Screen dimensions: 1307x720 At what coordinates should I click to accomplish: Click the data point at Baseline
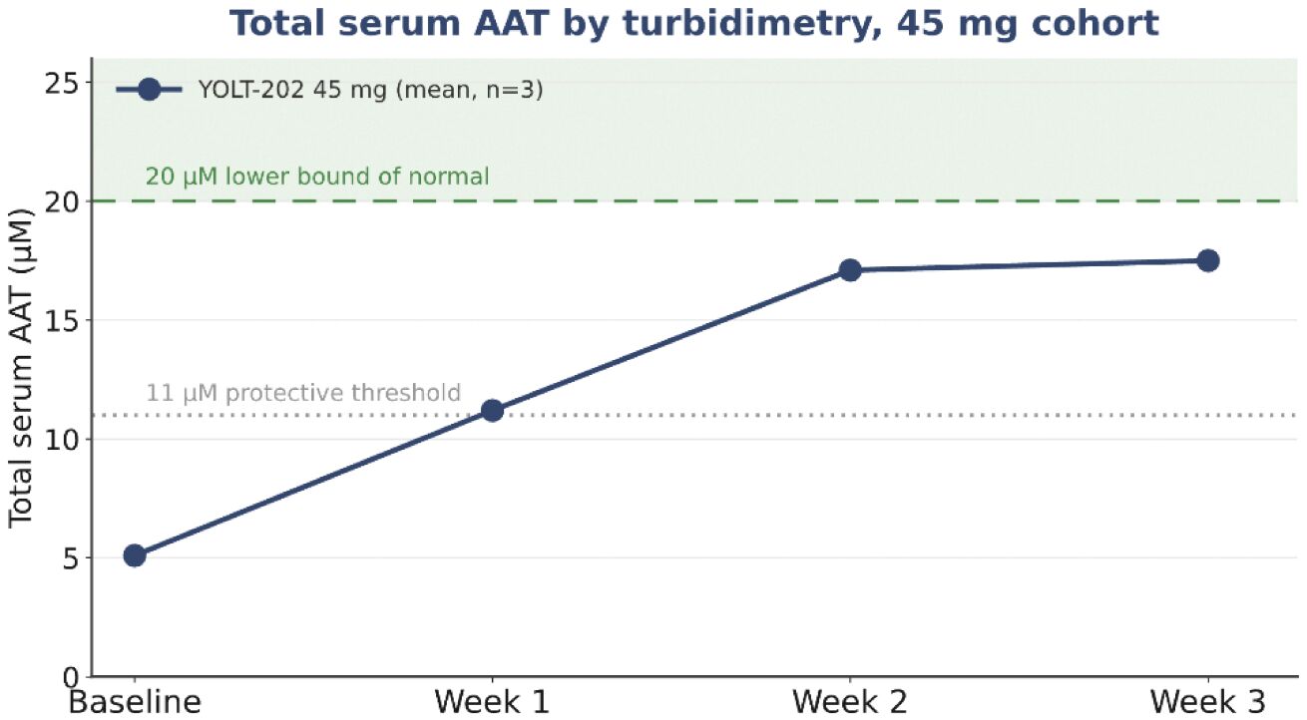coord(135,555)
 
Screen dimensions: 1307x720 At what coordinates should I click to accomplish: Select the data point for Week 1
coord(493,411)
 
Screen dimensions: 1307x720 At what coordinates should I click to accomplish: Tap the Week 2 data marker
coord(850,270)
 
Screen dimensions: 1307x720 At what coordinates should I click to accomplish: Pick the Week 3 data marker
coord(1208,260)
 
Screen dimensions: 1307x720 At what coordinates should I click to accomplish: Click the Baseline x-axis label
coord(135,702)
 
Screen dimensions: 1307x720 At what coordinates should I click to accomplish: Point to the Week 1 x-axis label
coord(493,702)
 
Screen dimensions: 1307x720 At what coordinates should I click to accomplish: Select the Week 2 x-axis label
coord(850,702)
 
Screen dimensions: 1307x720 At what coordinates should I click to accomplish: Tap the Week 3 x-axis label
coord(1208,702)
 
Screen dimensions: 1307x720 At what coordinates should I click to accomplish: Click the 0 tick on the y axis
coord(71,678)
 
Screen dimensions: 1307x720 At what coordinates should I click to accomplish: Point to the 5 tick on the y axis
coord(71,558)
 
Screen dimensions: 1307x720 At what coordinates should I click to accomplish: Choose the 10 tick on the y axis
coord(62,439)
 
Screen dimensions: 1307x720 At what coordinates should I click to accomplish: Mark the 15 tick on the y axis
coord(62,320)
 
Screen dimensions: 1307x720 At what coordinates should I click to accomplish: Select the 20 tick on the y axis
coord(62,201)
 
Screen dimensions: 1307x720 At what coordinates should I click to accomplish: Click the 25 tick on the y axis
coord(62,82)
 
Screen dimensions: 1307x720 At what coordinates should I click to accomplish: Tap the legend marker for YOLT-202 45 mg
coord(150,89)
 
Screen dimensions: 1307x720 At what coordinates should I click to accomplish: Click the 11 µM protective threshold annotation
coord(303,393)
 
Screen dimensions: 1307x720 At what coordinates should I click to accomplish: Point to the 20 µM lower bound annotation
coord(317,177)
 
